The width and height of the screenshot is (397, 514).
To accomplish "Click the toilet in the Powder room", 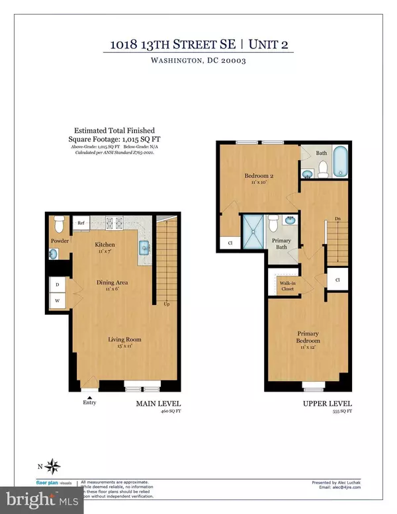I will coord(58,222).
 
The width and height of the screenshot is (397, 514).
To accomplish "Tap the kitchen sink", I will coord(144,248).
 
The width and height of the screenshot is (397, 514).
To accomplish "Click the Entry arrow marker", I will coord(89,396).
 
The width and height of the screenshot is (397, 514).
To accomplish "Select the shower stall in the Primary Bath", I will coord(252,231).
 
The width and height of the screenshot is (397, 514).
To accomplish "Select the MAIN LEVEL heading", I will coord(159,404).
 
